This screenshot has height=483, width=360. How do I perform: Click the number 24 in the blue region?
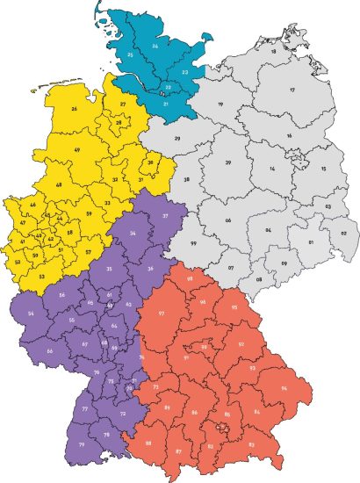click(x=155, y=45)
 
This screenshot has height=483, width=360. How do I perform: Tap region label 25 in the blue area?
click(x=130, y=54)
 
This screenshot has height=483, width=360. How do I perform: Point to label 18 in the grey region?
click(x=273, y=52)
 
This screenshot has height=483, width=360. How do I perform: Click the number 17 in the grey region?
click(x=291, y=90)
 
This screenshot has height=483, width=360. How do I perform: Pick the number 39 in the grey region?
click(x=227, y=163)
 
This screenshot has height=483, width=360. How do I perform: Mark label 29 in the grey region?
click(x=177, y=139)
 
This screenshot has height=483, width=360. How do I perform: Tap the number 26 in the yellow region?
click(x=74, y=110)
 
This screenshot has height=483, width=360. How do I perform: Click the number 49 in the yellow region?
click(x=77, y=151)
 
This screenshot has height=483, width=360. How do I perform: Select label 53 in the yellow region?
click(x=41, y=276)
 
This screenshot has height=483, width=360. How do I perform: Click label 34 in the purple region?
click(x=132, y=233)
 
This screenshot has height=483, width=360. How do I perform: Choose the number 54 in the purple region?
click(x=31, y=314)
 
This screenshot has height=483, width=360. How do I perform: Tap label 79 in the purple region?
click(x=82, y=446)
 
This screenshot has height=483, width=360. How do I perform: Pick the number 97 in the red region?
click(x=162, y=314)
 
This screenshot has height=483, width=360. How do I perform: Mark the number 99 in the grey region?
click(x=193, y=242)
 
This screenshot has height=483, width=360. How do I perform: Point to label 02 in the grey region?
click(x=343, y=234)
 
